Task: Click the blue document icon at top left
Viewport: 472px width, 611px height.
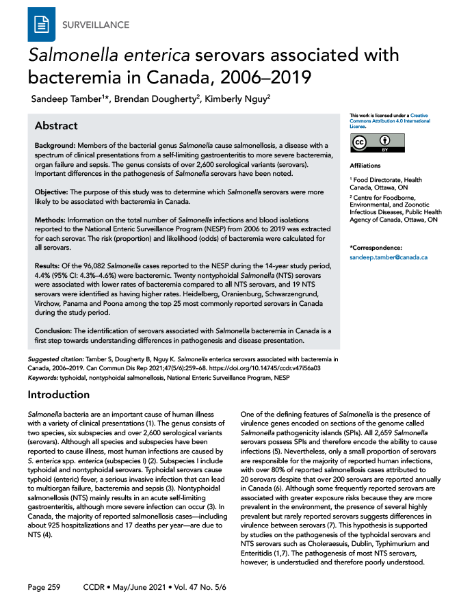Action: point(42,25)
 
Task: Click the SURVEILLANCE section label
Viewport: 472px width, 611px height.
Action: point(95,25)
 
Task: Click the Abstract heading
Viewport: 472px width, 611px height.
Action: point(56,126)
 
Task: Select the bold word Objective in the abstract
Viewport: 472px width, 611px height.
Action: point(54,196)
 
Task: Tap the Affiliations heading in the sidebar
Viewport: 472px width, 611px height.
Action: point(365,166)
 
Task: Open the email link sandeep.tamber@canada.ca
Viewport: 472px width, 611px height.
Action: point(388,257)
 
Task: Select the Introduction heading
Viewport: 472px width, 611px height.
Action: point(58,395)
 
